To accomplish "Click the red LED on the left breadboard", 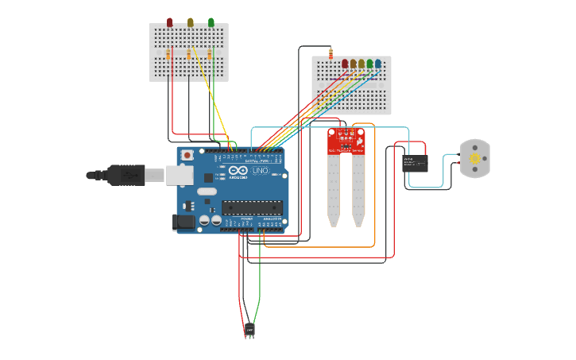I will point(169,22).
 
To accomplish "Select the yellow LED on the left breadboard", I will point(190,22).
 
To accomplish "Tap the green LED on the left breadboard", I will point(211,22).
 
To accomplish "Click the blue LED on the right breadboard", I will point(377,63).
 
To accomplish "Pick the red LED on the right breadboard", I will point(345,63).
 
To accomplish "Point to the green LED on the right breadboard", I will point(369,63).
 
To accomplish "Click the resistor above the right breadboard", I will point(331,53).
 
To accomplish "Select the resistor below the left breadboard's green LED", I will point(210,55).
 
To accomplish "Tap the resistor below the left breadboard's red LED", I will point(169,55).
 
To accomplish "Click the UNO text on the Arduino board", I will point(259,171).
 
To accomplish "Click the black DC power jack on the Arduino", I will point(183,223).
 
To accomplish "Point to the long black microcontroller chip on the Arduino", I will point(252,208).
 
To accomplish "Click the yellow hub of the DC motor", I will point(475,159).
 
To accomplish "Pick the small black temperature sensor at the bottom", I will point(249,328).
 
